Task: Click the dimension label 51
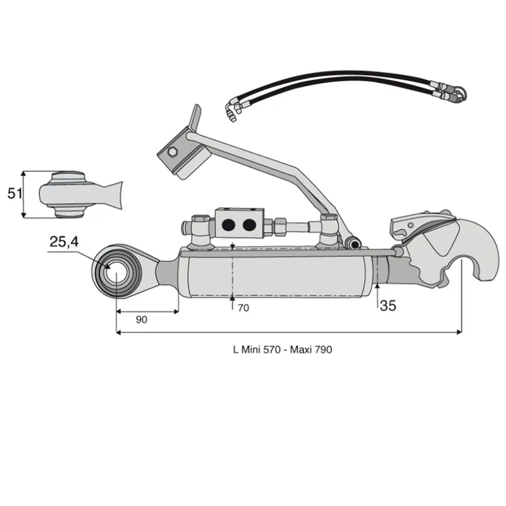[x=15, y=194]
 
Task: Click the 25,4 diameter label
[x=64, y=242]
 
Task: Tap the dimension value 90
[x=141, y=320]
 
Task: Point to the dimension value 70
[x=244, y=308]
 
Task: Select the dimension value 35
[x=388, y=305]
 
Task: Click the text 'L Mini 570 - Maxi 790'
[x=282, y=350]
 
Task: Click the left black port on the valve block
[x=228, y=225]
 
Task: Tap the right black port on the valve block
[x=249, y=225]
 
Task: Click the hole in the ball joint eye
[x=116, y=273]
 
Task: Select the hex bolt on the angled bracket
[x=172, y=151]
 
